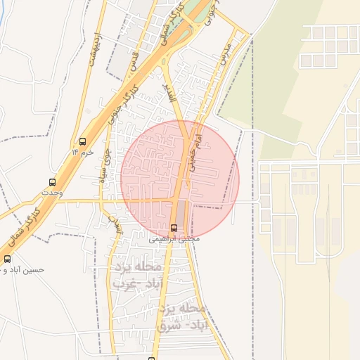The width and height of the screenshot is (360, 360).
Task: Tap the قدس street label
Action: coord(133,61)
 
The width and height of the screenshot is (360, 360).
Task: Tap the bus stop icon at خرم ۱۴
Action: coord(83,141)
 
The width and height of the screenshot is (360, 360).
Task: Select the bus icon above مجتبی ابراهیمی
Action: coord(174,228)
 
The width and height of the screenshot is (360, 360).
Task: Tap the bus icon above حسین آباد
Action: coord(7,259)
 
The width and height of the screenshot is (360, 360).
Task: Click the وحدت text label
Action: coord(52,192)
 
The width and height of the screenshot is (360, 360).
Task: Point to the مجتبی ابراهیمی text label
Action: coord(174,239)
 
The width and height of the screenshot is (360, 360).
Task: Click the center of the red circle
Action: coord(180,180)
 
